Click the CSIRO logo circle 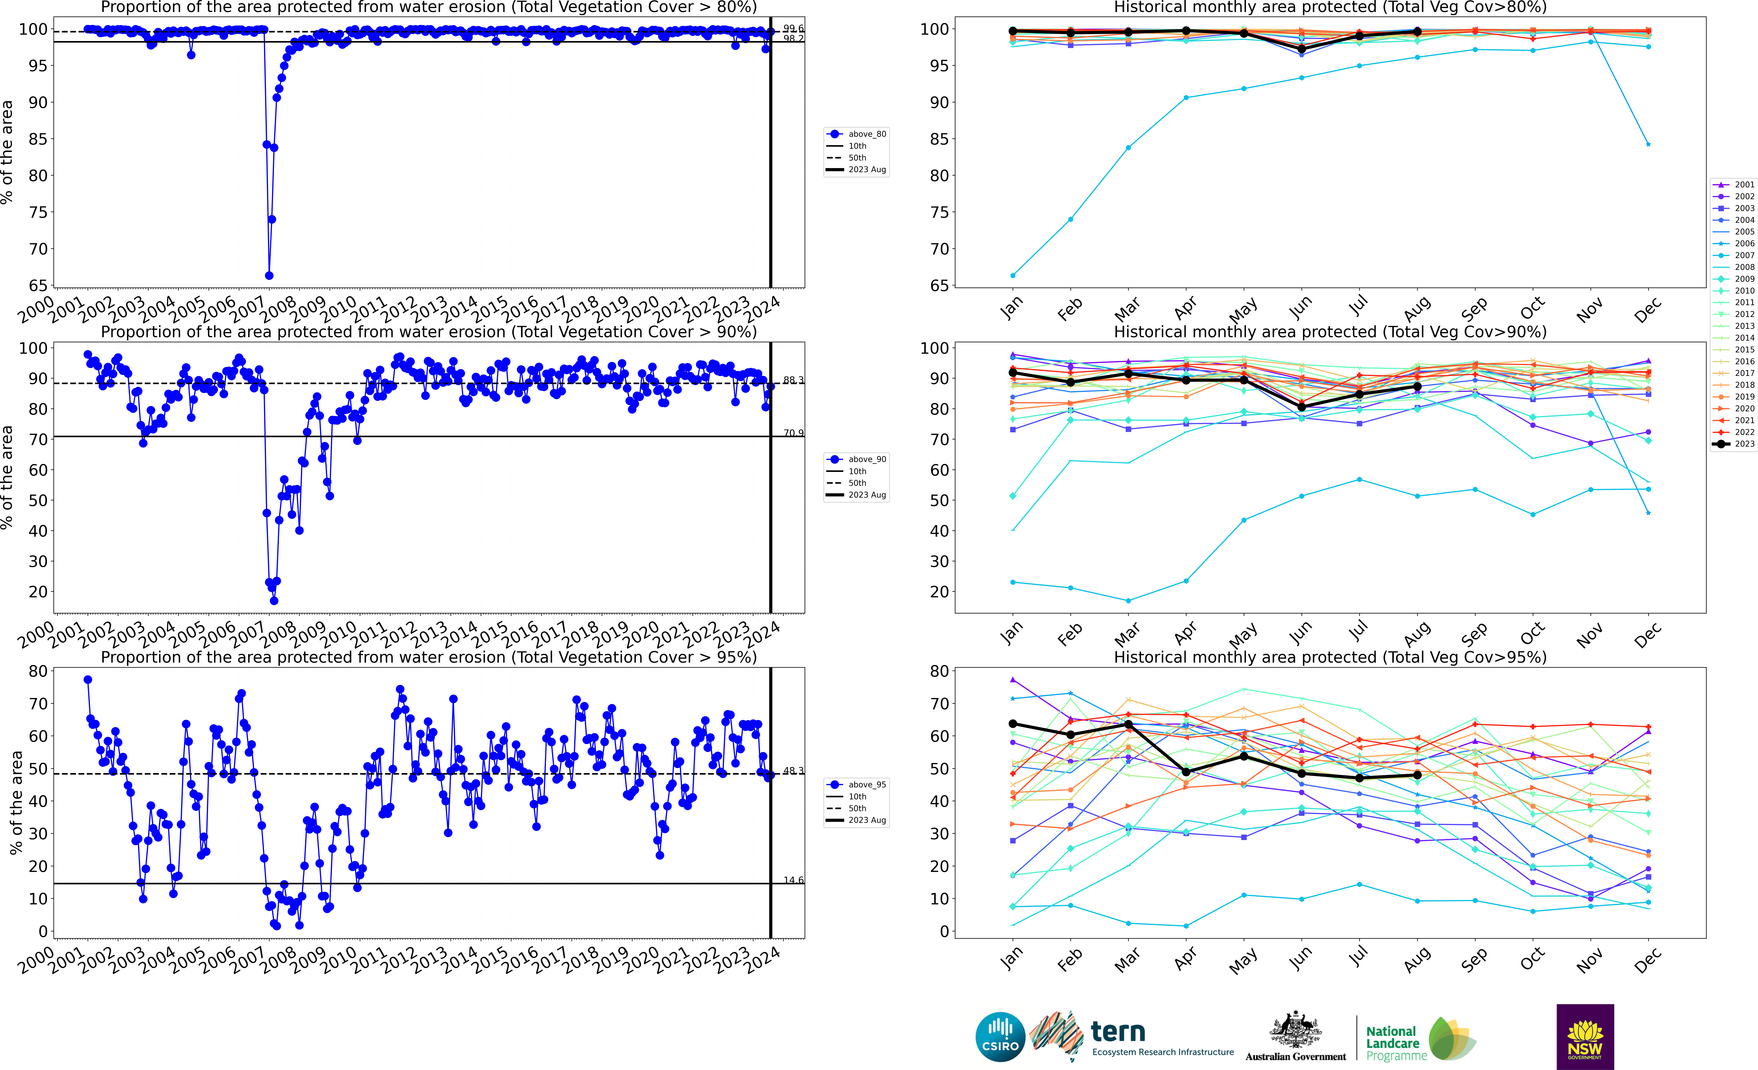coord(1000,1036)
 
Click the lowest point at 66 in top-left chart coord(269,275)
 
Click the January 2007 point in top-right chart coord(1012,275)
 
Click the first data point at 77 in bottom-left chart coord(88,680)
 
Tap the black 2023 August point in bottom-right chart coord(1417,775)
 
